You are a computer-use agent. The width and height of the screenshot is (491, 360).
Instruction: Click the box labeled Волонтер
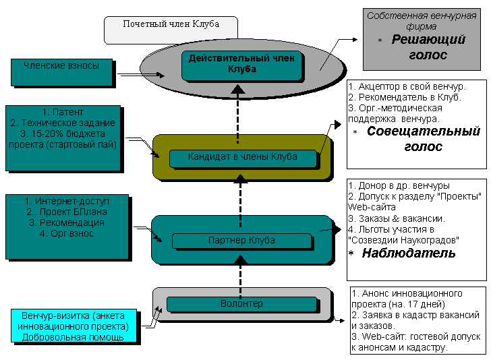coord(241,304)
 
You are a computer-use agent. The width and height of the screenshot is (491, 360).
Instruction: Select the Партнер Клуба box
coord(241,240)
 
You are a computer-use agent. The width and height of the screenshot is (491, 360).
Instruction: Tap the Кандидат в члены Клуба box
coord(242,157)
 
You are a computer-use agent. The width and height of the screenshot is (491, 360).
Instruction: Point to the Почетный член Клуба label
coord(171,24)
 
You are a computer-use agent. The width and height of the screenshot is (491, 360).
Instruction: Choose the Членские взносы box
coord(61,66)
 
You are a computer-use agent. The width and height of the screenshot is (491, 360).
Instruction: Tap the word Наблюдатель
coord(409,253)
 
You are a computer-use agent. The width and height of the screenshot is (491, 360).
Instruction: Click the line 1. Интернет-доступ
coord(66,201)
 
